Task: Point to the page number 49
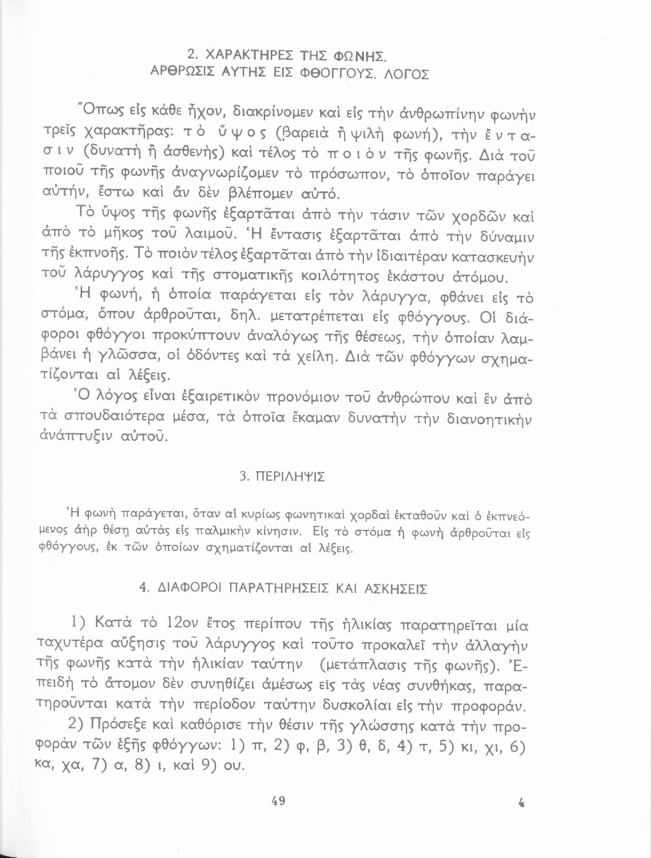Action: click(277, 801)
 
